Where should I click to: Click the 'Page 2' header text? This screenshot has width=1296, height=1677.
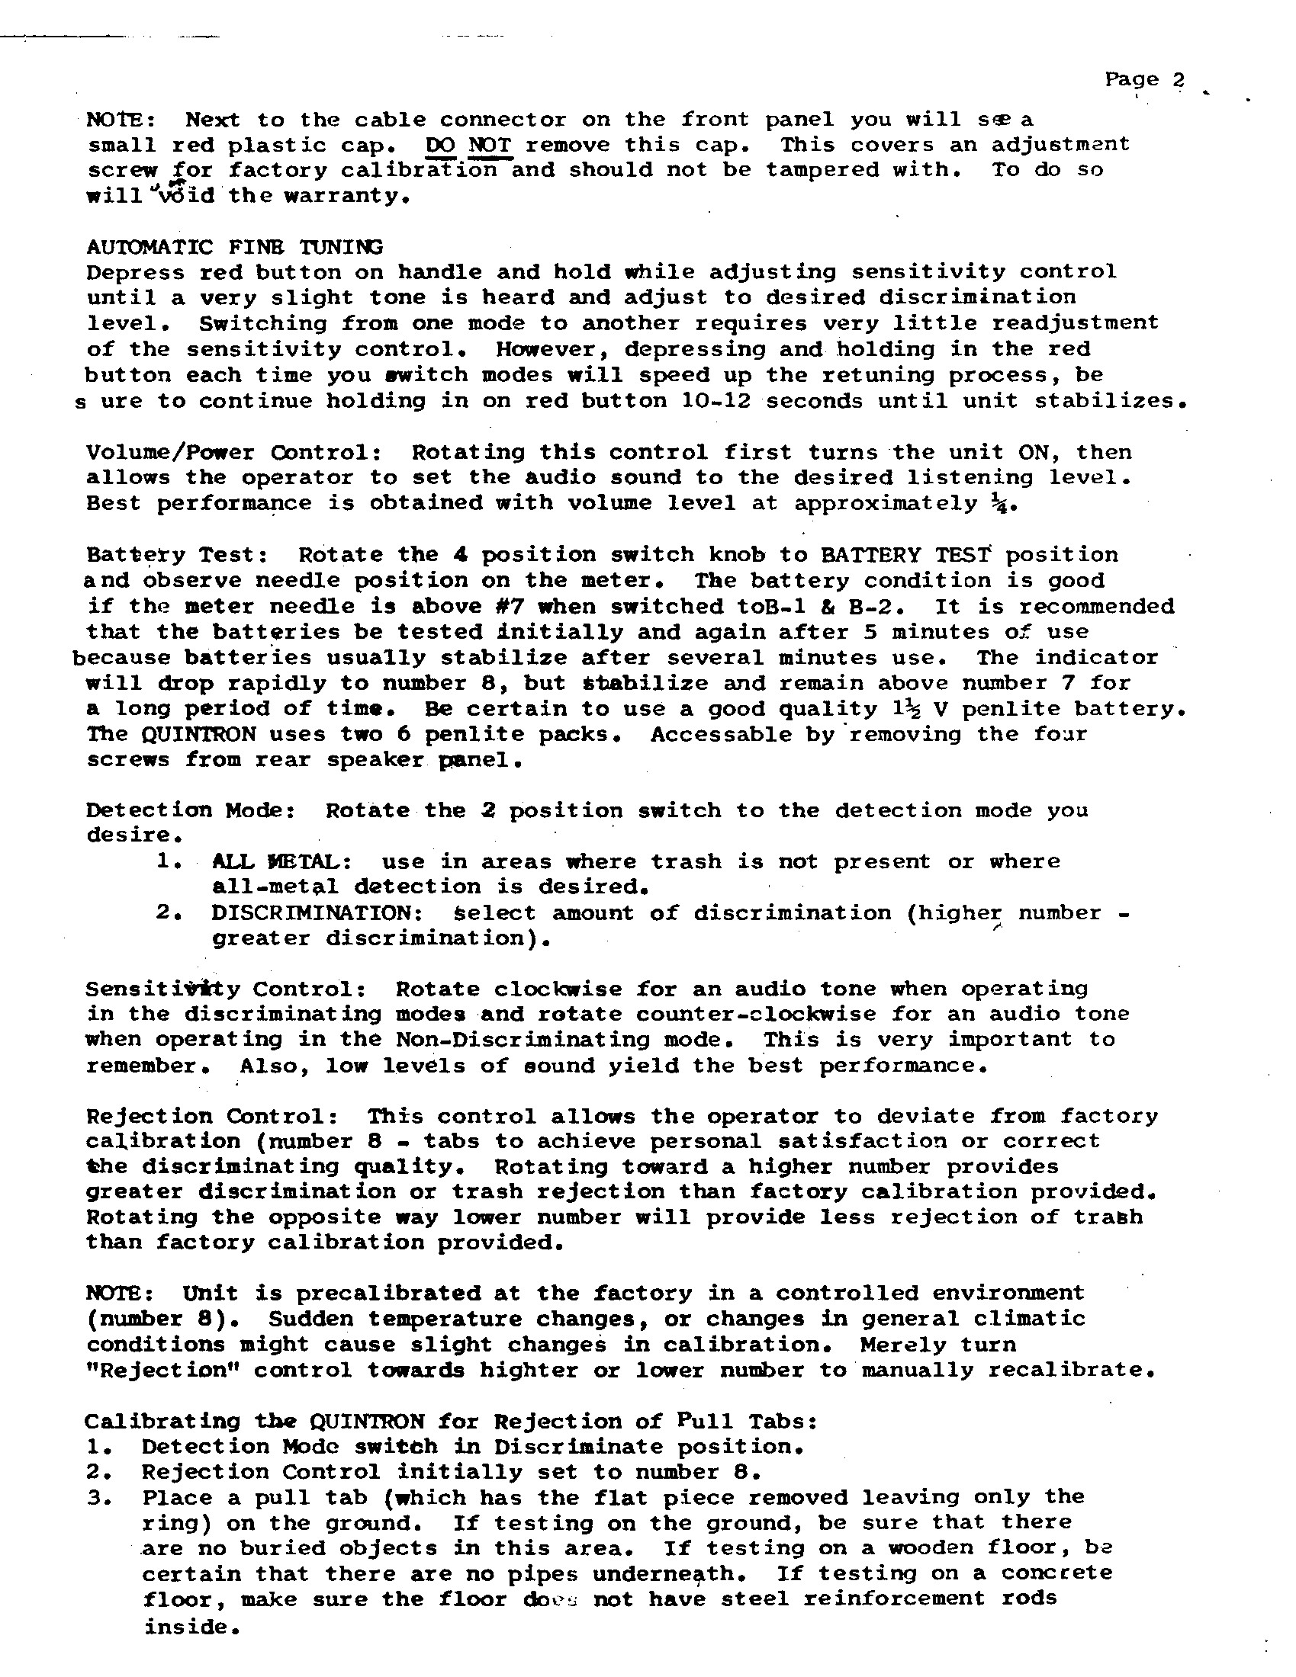pos(1144,79)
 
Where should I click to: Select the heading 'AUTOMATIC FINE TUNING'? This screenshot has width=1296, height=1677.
pos(234,247)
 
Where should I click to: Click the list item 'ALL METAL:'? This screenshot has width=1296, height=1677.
pos(281,861)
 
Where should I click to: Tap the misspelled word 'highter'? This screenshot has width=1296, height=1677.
pos(529,1370)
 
